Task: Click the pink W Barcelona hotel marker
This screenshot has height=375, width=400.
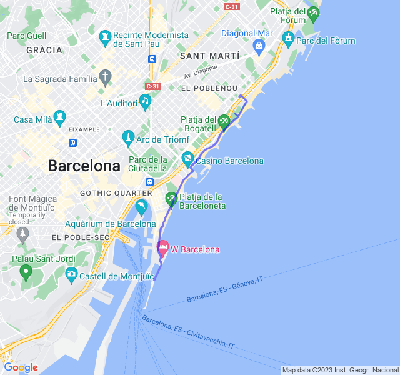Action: click(163, 248)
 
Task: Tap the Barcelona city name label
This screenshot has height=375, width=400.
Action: click(84, 166)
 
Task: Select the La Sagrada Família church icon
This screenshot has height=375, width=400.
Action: click(106, 78)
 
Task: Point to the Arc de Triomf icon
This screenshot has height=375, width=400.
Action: click(128, 137)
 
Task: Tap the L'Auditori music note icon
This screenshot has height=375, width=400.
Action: click(145, 101)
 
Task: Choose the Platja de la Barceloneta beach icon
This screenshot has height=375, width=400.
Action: click(171, 199)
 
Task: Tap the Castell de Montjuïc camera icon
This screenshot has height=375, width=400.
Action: click(71, 273)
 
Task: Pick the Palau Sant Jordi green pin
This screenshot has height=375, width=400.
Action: click(26, 272)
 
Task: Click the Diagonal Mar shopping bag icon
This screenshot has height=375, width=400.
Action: click(259, 46)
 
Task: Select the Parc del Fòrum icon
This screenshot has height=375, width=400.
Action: click(288, 39)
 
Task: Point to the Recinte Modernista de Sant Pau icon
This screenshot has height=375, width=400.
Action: click(105, 36)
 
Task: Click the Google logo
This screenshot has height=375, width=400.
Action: click(21, 367)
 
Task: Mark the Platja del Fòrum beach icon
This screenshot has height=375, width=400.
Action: click(314, 12)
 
